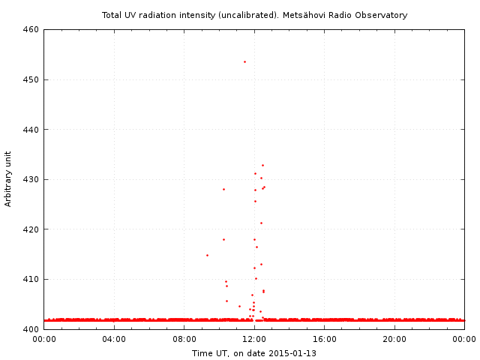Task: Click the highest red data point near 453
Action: pos(244,61)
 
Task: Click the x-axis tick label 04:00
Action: pos(114,339)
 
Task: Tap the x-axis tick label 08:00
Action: pos(184,339)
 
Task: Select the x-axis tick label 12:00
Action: pos(254,339)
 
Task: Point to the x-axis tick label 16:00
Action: pos(325,339)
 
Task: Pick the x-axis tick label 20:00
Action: pos(394,339)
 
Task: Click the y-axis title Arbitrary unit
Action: pos(8,179)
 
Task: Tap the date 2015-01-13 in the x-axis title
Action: pos(292,353)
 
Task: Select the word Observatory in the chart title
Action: pos(382,15)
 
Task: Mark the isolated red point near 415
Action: pos(207,255)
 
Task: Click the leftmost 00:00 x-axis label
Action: pos(44,339)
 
